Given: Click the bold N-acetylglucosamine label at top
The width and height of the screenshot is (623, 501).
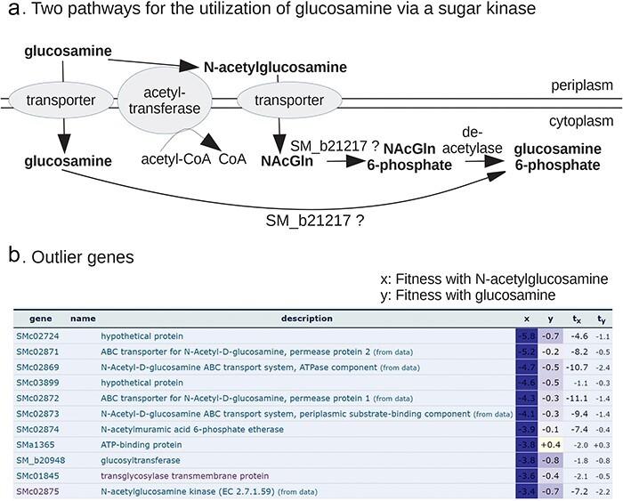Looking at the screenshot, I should [275, 68].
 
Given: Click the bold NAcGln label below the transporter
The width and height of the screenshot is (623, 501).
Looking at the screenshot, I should [286, 161].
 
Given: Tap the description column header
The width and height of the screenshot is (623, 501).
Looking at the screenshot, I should [306, 319].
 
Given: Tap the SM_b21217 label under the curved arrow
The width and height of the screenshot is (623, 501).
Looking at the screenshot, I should [311, 219].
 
